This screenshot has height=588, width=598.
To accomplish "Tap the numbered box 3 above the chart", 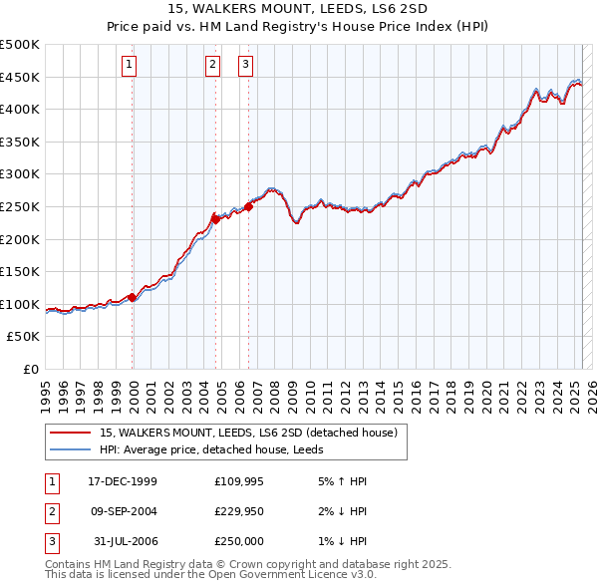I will tap(246, 66).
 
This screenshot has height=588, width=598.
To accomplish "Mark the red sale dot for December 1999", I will tap(133, 297).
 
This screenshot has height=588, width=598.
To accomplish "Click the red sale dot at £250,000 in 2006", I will tap(248, 206).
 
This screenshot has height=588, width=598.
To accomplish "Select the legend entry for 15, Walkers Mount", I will tap(248, 433).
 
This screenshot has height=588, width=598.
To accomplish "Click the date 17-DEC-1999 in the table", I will tap(123, 481).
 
